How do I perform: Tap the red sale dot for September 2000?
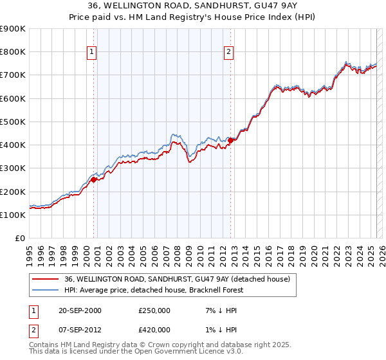[93, 180]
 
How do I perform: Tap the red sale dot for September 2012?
[230, 140]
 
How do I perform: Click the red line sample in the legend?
[46, 279]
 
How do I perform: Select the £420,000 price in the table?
[154, 330]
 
